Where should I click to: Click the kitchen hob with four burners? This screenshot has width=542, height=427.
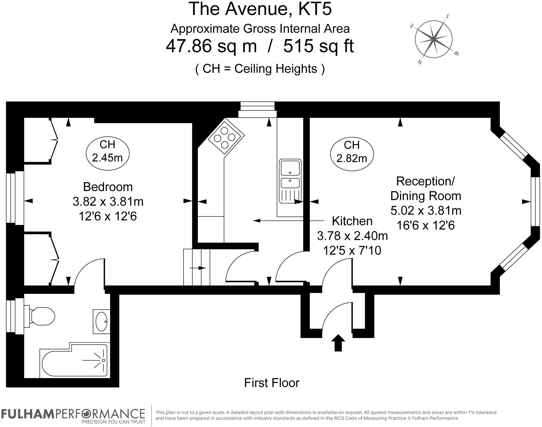click(225, 138)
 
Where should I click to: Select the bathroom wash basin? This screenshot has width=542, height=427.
click(102, 321)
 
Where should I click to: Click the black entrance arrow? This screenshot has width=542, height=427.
click(338, 343)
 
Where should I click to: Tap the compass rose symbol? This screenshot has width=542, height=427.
click(433, 39)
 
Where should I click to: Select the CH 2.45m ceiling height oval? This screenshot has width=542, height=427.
click(107, 151)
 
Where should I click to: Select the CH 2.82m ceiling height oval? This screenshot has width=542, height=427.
click(352, 152)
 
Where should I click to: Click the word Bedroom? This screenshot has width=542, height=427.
click(108, 187)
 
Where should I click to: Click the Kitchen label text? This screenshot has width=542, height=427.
click(352, 221)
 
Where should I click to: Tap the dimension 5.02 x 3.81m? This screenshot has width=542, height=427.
click(426, 211)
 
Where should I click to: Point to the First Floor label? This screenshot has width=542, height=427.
click(272, 383)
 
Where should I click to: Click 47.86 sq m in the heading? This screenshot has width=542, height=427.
click(211, 46)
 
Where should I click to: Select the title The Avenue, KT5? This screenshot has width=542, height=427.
click(260, 9)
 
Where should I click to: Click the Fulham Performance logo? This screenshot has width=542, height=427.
click(73, 416)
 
